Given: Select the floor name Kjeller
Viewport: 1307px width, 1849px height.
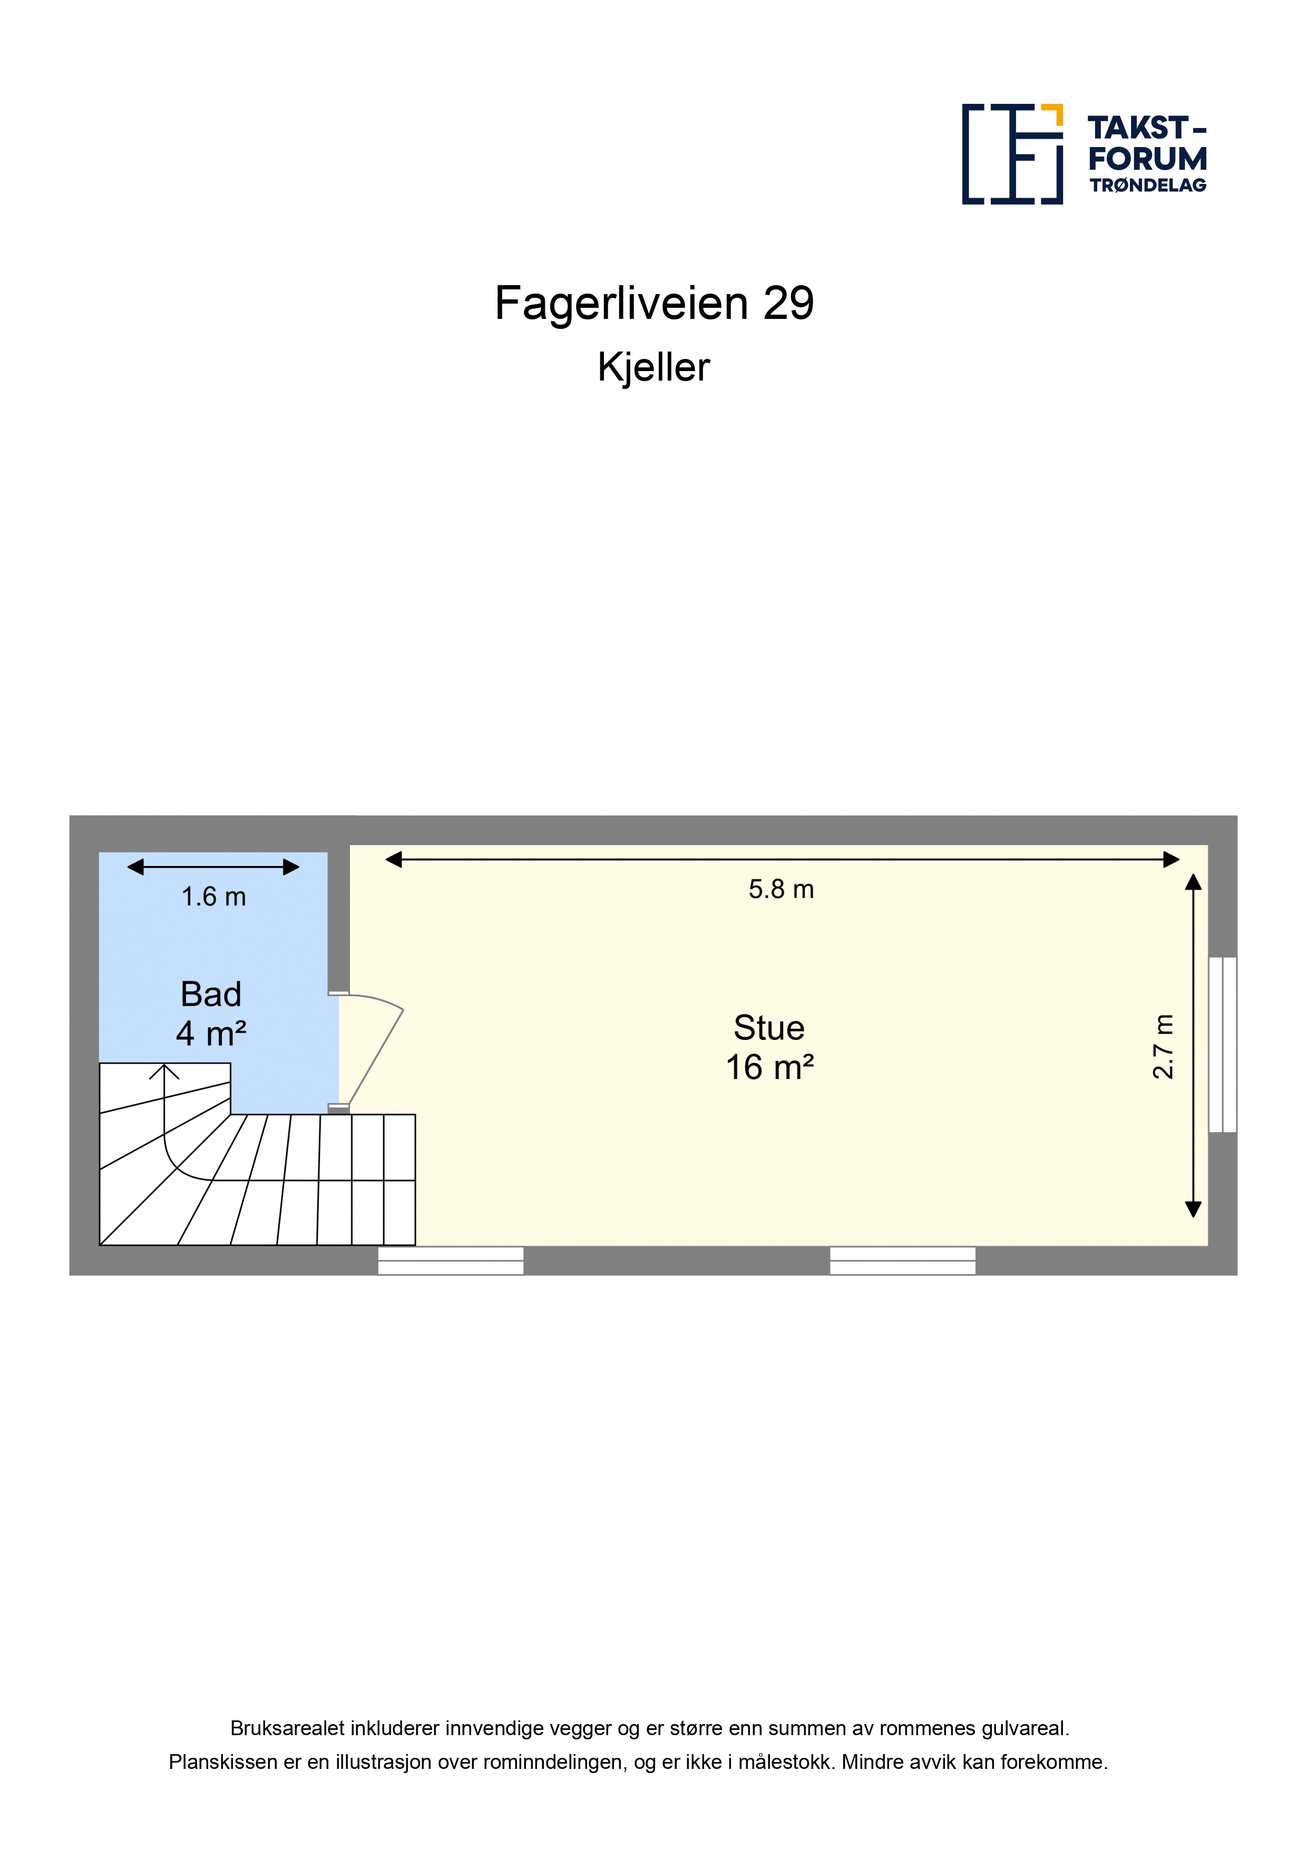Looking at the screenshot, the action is coord(654,367).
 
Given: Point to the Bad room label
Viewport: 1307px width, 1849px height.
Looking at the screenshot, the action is coord(211,995).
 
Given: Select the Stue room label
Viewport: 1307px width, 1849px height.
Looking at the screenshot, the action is coord(769,1028).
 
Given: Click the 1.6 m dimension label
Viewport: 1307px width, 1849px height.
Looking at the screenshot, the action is coord(213,897).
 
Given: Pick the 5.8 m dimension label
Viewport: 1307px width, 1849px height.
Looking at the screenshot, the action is coord(781,889).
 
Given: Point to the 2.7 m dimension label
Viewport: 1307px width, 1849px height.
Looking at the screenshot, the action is coord(1163,1046).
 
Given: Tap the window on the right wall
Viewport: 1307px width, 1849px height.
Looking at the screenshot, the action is coord(1223,1045).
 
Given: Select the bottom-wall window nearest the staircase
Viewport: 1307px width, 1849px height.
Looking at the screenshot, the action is coord(451,1260).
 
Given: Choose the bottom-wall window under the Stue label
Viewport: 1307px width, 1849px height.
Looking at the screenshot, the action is coord(903,1260).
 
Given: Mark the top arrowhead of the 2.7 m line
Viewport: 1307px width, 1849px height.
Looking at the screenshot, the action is coord(1194,883).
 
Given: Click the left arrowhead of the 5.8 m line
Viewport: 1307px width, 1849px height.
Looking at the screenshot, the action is coord(394,860).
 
